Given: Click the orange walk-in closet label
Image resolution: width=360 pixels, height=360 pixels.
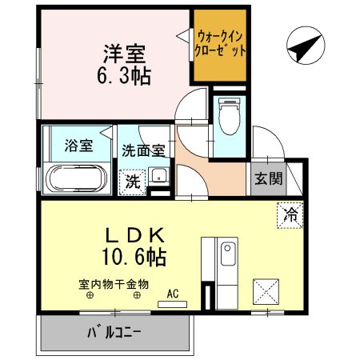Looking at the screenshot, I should point(221,42).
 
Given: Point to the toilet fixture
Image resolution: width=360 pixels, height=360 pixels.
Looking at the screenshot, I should point(229,118).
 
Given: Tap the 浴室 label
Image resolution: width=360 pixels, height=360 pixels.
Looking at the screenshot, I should point(78,146).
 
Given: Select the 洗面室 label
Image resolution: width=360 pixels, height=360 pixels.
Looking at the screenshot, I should point(144,149).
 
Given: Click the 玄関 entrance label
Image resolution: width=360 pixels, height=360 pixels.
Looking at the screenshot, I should point(268,178).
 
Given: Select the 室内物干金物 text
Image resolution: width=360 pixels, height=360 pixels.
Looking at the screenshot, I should point(114,283).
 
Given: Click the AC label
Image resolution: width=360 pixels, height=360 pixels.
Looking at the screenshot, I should point(174,294).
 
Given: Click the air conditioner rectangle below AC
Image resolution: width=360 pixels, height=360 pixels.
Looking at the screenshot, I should point(174,304).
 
